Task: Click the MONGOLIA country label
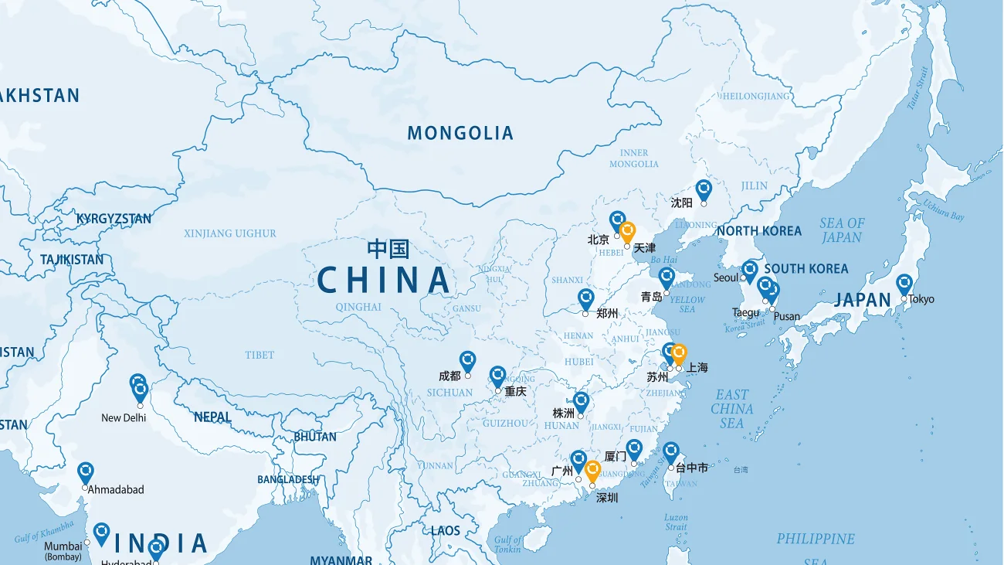pos(460,133)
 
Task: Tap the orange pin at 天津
pos(627,231)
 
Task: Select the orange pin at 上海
pos(679,353)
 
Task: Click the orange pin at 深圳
pos(592,470)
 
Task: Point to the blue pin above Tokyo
pos(904,284)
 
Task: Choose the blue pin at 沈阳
pos(703,189)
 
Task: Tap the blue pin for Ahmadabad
pos(86,471)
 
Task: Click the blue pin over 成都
pos(467,360)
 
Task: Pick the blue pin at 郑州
pos(585,298)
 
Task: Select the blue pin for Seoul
pos(749,271)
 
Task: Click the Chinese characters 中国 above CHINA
pos(388,249)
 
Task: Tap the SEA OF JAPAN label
pos(842,230)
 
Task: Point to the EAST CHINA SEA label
pos(732,409)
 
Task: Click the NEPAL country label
pos(212,417)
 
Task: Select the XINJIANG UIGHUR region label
pos(229,233)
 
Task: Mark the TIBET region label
pos(259,355)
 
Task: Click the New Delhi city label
pos(123,418)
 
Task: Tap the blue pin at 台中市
pos(670,452)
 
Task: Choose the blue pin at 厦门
pos(634,448)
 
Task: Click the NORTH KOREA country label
pos(759,231)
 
